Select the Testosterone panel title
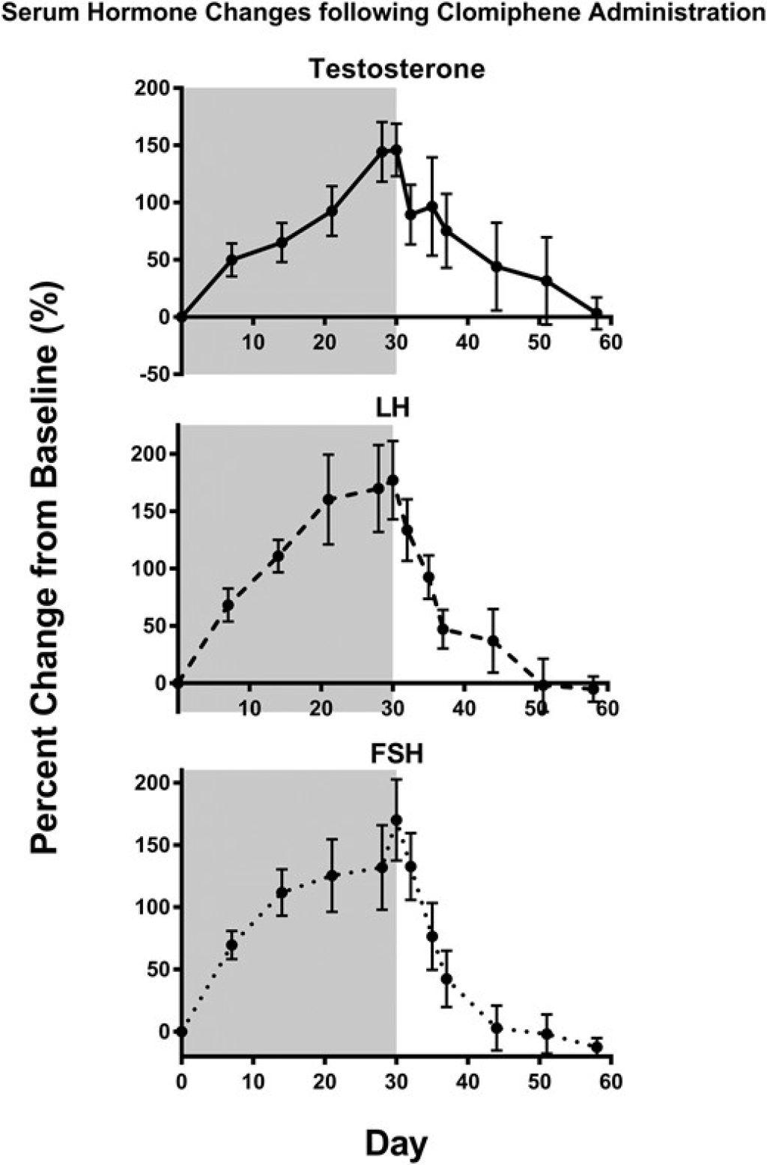click(x=397, y=69)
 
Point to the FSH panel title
click(x=398, y=753)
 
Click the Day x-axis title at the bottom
click(x=396, y=1144)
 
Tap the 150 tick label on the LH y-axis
click(x=151, y=511)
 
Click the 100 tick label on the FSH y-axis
click(x=152, y=907)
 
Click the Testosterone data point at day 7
click(x=231, y=260)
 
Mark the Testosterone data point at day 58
click(x=597, y=313)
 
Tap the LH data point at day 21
click(x=328, y=499)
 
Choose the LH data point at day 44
click(x=493, y=641)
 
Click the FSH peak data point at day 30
click(x=396, y=820)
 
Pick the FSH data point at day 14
click(x=282, y=892)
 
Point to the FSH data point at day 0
click(x=181, y=1032)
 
